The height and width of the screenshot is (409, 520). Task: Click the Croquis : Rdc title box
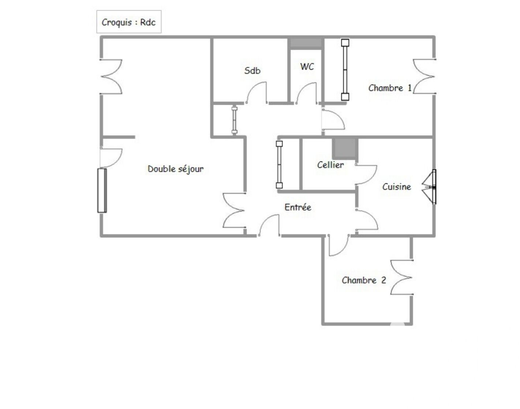point(129,22)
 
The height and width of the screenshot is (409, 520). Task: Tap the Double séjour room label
point(175,169)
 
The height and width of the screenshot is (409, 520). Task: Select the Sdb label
point(252,70)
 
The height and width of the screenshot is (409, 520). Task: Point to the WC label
point(307,66)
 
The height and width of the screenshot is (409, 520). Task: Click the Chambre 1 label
point(390,88)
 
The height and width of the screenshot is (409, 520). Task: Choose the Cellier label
point(330,165)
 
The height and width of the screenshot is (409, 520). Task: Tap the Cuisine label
point(397,187)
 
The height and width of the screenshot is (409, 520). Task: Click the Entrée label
point(298,207)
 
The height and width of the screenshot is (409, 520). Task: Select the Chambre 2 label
point(364,280)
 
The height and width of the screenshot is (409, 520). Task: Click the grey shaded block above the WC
point(306,43)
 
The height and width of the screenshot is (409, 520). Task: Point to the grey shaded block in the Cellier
point(345,148)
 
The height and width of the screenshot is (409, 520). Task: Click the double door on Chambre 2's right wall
point(401,277)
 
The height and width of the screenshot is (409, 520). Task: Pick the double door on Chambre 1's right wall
point(424,76)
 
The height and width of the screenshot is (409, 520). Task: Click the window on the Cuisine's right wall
point(429,187)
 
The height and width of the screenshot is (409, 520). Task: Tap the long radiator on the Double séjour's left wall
point(102,191)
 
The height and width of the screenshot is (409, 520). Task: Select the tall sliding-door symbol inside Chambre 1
point(345,70)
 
